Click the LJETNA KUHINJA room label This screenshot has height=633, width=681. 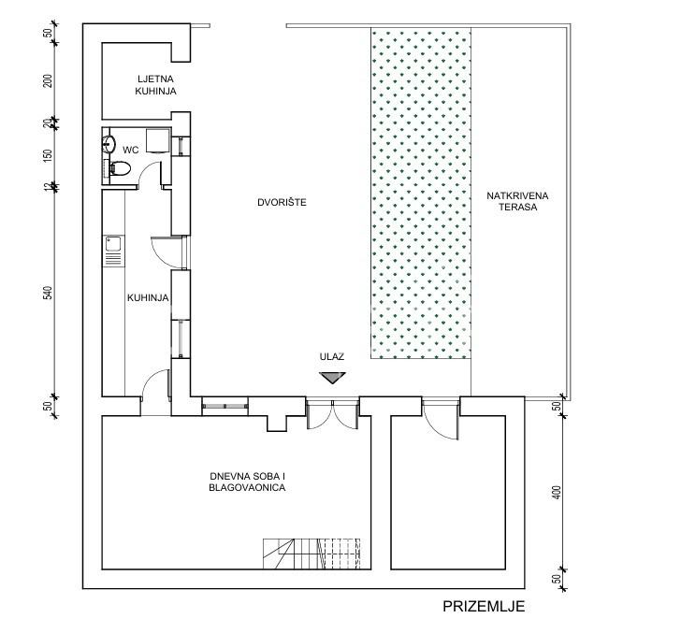point(155,85)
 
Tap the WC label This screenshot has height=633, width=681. point(130,151)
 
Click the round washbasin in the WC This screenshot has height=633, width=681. point(109,144)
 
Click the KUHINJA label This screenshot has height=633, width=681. point(148,298)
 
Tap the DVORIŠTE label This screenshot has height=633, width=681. point(282,202)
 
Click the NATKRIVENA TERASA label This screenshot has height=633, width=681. point(517,201)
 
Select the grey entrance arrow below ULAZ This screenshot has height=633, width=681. point(332,378)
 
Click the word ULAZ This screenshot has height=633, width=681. point(332,357)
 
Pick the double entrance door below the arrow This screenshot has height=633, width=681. point(332,414)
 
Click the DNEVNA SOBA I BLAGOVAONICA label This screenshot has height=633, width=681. point(247,482)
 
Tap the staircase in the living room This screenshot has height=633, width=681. point(312,554)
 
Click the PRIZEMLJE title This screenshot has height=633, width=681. point(484,606)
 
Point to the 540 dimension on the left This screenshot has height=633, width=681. point(48,293)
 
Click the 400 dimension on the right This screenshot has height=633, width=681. point(558,493)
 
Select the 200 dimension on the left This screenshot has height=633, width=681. point(48,81)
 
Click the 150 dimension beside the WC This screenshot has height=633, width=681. point(48,156)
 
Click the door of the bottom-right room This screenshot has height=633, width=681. point(441,420)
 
